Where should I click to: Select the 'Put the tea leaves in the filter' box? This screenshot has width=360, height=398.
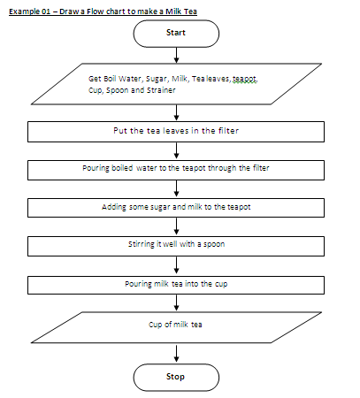pyautogui.click(x=178, y=130)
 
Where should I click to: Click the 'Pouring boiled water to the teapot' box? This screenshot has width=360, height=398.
pyautogui.click(x=178, y=168)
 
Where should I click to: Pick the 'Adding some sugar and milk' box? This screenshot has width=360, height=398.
pyautogui.click(x=178, y=207)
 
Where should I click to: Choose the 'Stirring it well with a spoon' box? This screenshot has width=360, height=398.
pyautogui.click(x=178, y=245)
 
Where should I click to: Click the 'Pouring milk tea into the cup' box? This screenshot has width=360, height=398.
pyautogui.click(x=178, y=284)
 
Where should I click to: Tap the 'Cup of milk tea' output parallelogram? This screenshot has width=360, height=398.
pyautogui.click(x=176, y=325)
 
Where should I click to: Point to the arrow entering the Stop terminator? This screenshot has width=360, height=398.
pyautogui.click(x=178, y=354)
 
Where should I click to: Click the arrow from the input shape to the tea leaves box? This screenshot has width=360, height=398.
pyautogui.click(x=178, y=111)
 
